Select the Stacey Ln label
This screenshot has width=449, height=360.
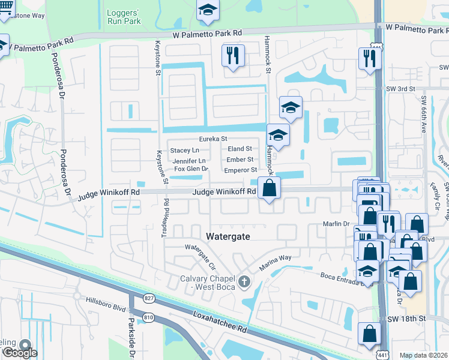tap(184, 150)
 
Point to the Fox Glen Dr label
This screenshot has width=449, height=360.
tap(191, 169)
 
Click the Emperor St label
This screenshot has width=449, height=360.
tap(241, 170)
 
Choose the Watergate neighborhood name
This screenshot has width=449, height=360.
tap(228, 236)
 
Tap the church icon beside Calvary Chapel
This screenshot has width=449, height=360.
tap(244, 281)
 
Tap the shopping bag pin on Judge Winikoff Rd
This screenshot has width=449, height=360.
tap(270, 188)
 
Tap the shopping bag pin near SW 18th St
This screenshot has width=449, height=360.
tap(369, 334)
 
